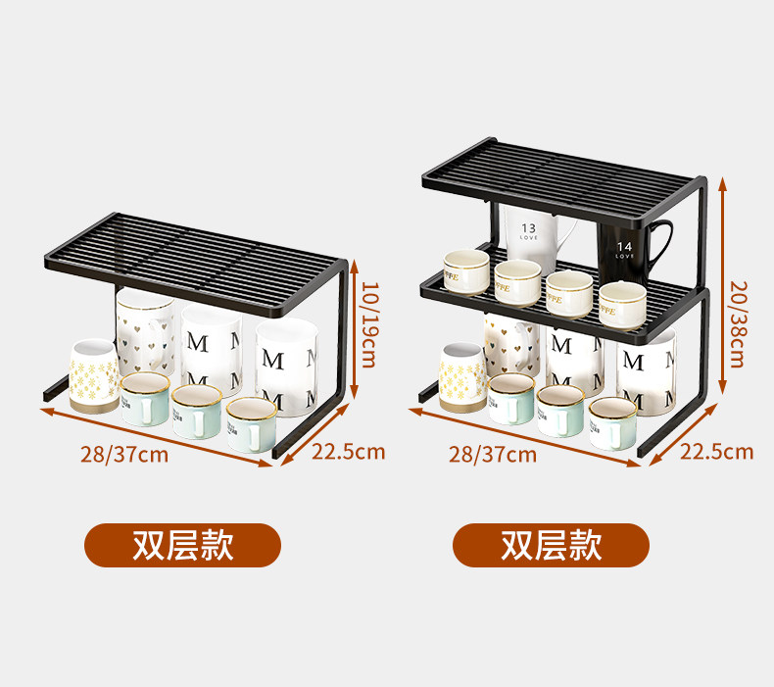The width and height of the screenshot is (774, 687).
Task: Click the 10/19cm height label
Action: coord(369,324)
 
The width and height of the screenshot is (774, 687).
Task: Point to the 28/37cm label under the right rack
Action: coord(493,454)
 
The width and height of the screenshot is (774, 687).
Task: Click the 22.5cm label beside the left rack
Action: coord(348,452)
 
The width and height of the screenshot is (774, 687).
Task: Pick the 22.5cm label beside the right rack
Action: coord(716,451)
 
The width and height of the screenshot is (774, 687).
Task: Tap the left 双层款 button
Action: coord(183,545)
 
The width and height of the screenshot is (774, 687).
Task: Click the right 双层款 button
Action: coord(551,545)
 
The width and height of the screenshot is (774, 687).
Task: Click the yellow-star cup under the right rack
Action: coord(461,376)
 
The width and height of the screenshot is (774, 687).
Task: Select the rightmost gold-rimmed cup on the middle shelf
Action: coord(622,304)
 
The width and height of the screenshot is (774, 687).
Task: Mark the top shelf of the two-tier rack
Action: coord(563,176)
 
